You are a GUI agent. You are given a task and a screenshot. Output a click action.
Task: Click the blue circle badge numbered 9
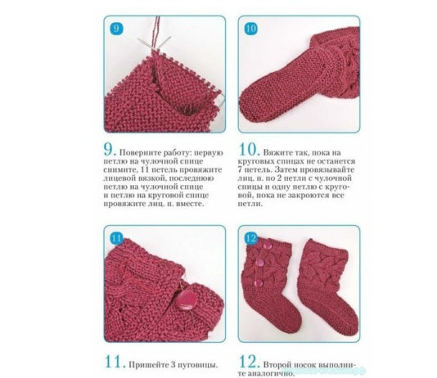pos(116,28)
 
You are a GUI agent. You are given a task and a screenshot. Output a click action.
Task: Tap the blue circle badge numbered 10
pos(251,29)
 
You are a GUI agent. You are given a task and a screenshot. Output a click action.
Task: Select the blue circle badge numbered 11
pos(116,238)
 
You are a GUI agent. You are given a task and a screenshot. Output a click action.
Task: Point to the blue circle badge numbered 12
pos(251,238)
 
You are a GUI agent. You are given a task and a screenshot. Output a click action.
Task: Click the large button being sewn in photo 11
pos(189,300)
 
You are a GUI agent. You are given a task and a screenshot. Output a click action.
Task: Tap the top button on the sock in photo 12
pos(267,245)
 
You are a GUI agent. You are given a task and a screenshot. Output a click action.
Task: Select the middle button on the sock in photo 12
pos(260,262)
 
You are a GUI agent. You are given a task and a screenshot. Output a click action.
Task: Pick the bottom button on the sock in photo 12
pos(259,283)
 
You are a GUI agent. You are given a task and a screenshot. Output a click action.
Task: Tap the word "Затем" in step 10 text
pos(286,169)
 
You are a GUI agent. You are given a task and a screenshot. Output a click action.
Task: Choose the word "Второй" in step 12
pos(276,365)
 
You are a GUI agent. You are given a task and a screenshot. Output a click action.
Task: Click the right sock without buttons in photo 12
pos(327,287)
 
